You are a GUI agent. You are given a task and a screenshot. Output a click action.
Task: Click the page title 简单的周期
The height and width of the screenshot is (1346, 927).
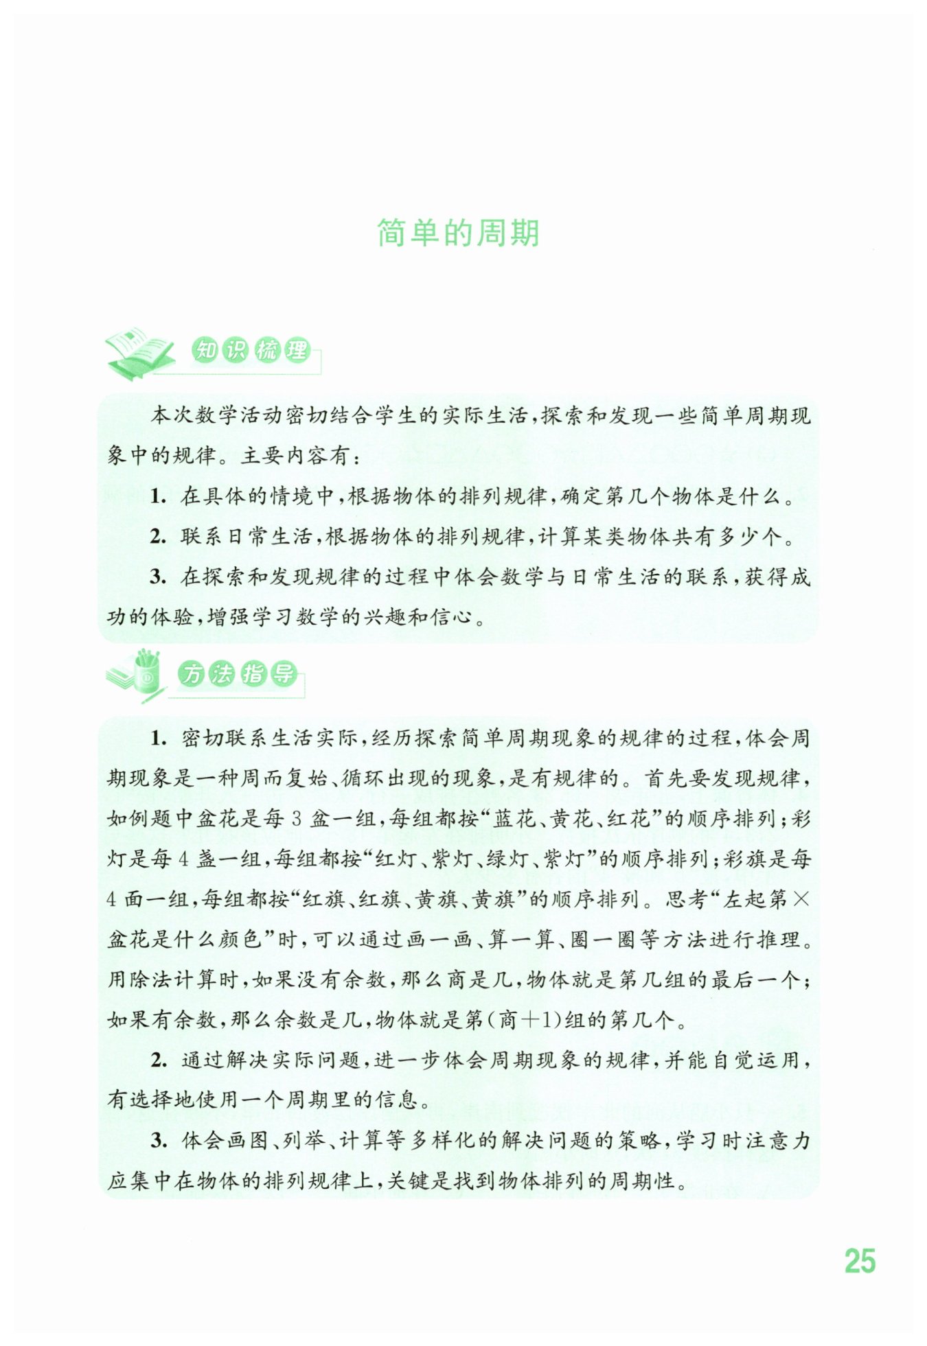(458, 233)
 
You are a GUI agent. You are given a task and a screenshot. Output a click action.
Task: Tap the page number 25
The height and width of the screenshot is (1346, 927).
(860, 1262)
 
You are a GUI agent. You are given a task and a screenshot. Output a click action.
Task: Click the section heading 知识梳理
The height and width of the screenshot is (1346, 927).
(251, 351)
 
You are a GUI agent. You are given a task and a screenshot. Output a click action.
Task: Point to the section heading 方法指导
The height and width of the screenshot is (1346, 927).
(238, 674)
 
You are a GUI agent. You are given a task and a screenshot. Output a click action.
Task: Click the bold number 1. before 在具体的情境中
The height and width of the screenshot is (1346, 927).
(158, 496)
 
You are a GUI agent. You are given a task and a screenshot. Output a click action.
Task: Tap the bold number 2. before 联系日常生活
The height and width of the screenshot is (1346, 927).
(158, 537)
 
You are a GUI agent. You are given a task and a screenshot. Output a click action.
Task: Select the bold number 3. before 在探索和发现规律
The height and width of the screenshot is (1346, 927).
(158, 577)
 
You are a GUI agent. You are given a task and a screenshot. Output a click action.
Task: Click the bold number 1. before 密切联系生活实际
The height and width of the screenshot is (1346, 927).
(159, 739)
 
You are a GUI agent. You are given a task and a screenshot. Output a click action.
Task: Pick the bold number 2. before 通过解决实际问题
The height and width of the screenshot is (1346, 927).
(159, 1060)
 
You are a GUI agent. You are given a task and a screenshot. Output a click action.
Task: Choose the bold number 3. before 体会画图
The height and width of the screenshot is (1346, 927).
(159, 1141)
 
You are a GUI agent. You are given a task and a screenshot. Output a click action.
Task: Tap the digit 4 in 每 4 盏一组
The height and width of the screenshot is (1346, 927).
(184, 859)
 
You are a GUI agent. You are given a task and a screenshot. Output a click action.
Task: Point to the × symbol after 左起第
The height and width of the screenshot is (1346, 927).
(801, 899)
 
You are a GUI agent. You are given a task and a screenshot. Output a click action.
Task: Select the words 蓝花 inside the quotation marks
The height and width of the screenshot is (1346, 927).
(513, 819)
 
